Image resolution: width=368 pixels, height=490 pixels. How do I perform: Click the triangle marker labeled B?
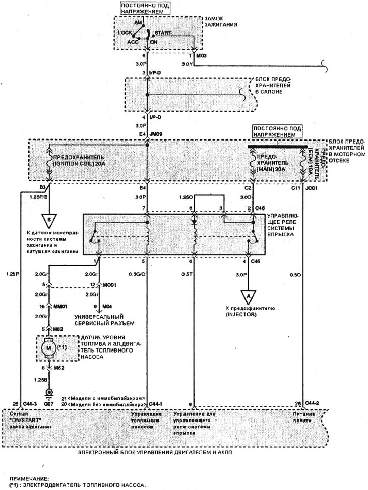coord(49,220)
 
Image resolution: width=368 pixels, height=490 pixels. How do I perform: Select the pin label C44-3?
coord(30,405)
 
